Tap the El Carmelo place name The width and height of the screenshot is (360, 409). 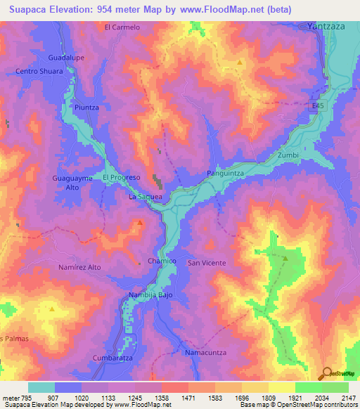(x=122, y=27)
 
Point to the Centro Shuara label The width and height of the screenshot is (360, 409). (x=39, y=71)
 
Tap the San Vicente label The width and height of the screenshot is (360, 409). (x=206, y=263)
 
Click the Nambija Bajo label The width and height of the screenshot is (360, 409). (x=150, y=295)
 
